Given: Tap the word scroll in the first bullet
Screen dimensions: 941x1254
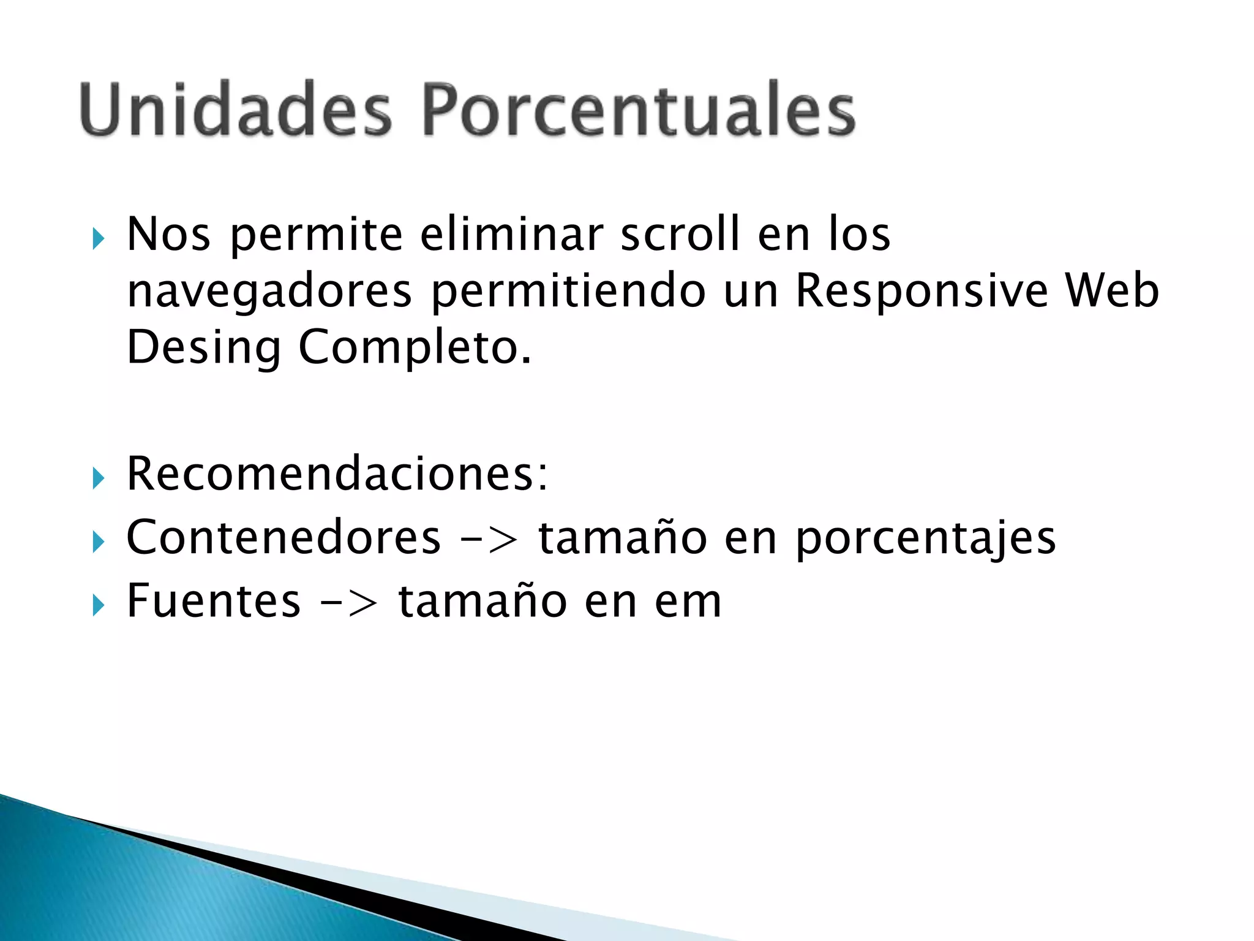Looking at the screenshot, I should pyautogui.click(x=680, y=234).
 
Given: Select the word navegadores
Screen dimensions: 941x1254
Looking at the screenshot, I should pyautogui.click(x=269, y=292).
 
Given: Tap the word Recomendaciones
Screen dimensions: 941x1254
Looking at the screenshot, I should pyautogui.click(x=337, y=474).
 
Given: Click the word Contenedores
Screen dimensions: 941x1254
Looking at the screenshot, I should pyautogui.click(x=283, y=537).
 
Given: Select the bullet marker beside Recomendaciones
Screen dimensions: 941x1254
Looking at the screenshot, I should pyautogui.click(x=98, y=477).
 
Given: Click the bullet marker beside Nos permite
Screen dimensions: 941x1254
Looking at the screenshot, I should pyautogui.click(x=98, y=238).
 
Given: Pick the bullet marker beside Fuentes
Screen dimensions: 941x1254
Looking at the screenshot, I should pyautogui.click(x=98, y=605).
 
